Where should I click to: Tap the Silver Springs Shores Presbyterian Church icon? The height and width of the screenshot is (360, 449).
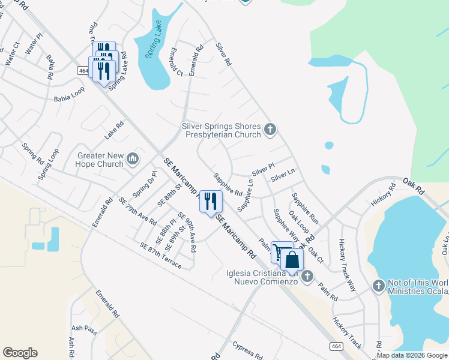click(270, 128)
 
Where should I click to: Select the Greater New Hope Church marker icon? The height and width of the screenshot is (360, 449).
click(133, 159)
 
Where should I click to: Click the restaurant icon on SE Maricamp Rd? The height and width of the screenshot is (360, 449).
click(211, 201)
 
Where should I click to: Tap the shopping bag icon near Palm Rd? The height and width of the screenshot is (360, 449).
click(292, 260)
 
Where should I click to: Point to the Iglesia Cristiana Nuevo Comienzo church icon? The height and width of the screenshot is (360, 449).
click(307, 276)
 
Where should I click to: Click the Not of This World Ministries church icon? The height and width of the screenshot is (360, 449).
click(378, 286)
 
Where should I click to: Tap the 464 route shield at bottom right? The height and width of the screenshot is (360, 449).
click(335, 346)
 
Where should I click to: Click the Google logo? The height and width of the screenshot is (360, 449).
click(20, 353)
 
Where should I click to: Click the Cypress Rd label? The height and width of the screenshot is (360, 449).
click(247, 352)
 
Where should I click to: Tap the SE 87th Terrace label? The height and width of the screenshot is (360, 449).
click(160, 254)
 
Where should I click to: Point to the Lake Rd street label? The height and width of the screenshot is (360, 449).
click(114, 130)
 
